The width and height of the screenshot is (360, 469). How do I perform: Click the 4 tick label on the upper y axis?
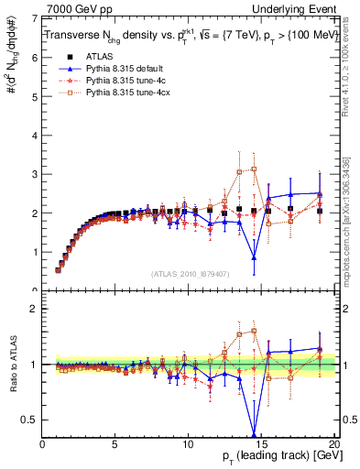[x=35, y=135]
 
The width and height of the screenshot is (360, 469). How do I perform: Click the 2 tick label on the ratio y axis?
[x=35, y=309]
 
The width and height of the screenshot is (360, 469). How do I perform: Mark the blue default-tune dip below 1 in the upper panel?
[x=254, y=257]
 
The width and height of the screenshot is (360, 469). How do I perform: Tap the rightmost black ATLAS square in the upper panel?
[x=319, y=211]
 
